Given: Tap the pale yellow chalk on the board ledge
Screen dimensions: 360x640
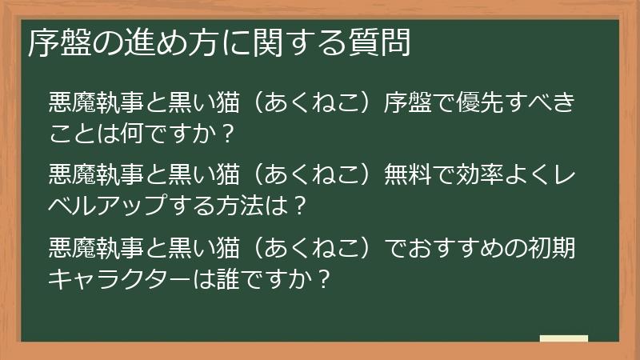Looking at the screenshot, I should (x=563, y=339).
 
